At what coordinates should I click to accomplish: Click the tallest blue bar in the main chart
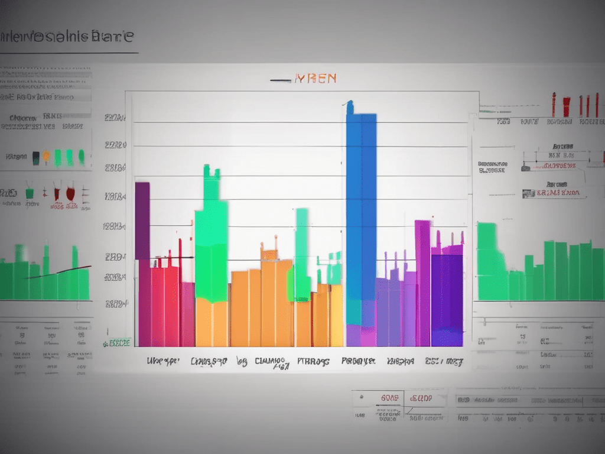361,213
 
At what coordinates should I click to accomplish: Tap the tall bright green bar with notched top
211,236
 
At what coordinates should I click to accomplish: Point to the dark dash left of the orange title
280,80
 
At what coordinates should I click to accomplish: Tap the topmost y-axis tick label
115,118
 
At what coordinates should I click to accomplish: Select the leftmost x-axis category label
162,361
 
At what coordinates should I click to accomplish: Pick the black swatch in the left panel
36,157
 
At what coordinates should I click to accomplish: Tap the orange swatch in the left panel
46,157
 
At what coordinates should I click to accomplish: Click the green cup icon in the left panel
29,193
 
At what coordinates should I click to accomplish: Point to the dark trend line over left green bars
59,273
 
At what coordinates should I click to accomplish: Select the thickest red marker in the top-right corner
566,106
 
